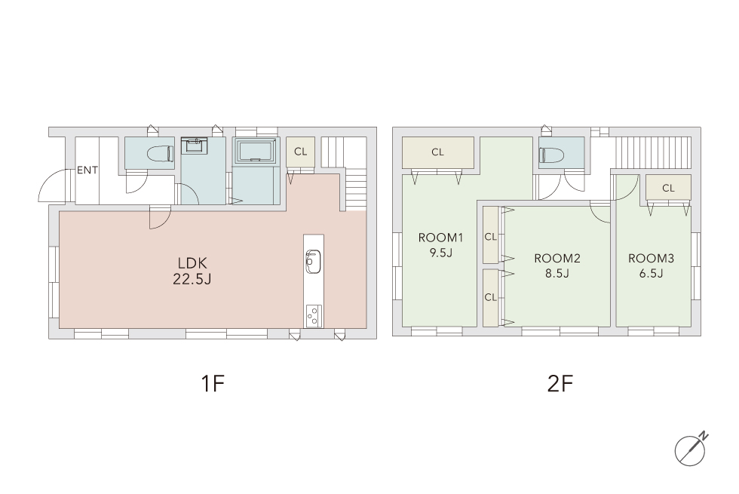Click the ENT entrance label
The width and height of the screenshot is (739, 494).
[87, 170]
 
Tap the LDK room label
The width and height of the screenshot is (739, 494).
[192, 263]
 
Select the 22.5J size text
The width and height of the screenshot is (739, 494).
[192, 280]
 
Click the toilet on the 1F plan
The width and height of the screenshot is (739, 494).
[160, 153]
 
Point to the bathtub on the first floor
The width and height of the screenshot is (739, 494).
[256, 151]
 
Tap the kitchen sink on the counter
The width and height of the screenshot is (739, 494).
[313, 261]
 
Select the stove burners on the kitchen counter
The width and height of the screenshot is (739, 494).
[314, 316]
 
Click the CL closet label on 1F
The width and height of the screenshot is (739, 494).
[300, 152]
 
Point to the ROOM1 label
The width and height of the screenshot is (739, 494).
[440, 238]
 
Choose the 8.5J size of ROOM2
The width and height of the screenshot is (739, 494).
[557, 273]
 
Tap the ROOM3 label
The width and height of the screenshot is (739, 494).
[651, 258]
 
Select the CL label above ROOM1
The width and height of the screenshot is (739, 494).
[438, 152]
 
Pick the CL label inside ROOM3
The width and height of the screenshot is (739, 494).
[668, 188]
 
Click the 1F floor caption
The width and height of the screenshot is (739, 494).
[213, 384]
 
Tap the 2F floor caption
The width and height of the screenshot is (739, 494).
[560, 384]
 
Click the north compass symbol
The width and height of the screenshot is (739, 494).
[691, 450]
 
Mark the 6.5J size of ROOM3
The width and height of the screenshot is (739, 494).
[651, 273]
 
